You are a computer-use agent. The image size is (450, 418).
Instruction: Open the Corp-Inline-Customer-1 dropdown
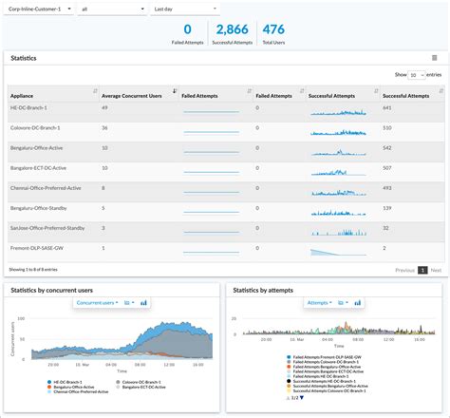[x=37, y=9]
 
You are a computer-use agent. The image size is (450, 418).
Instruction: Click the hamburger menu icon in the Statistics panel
[x=434, y=57]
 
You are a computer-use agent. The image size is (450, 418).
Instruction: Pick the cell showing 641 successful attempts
[x=387, y=108]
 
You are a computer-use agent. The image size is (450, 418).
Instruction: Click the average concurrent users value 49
[x=106, y=108]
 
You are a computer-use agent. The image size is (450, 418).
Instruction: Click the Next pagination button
[x=436, y=270]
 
